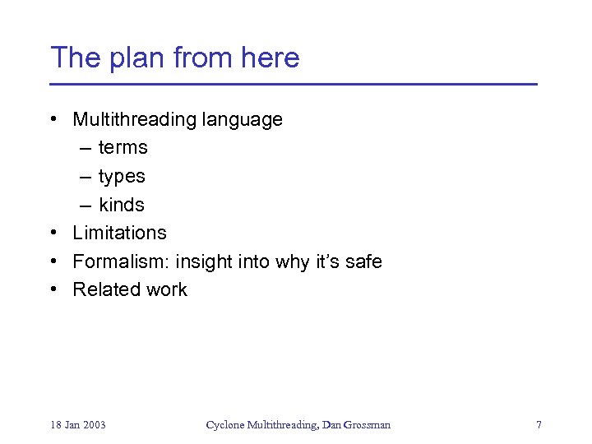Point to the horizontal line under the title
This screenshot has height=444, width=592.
click(294, 85)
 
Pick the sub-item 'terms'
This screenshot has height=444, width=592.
click(123, 148)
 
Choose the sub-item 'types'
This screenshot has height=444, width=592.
click(122, 177)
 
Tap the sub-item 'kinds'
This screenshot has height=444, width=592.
click(122, 205)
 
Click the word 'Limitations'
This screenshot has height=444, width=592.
click(119, 233)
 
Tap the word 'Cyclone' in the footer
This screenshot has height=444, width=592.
click(224, 425)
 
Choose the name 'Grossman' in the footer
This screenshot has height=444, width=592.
click(367, 425)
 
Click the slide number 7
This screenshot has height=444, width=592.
click(539, 425)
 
